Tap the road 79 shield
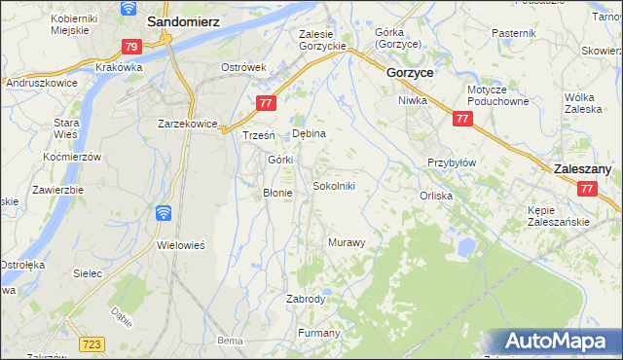coord(132,46)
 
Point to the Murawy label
coord(346,241)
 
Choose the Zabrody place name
coord(305,299)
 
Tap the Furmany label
coord(318,333)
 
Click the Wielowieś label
coord(180,245)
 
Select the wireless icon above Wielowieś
coord(164,213)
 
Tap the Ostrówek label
coord(243,67)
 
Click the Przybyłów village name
coord(451,162)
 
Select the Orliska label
coord(436,195)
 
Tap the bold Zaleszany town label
coord(582,168)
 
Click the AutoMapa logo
coord(558,342)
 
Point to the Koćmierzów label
coord(73,157)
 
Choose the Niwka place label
coord(414,100)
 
